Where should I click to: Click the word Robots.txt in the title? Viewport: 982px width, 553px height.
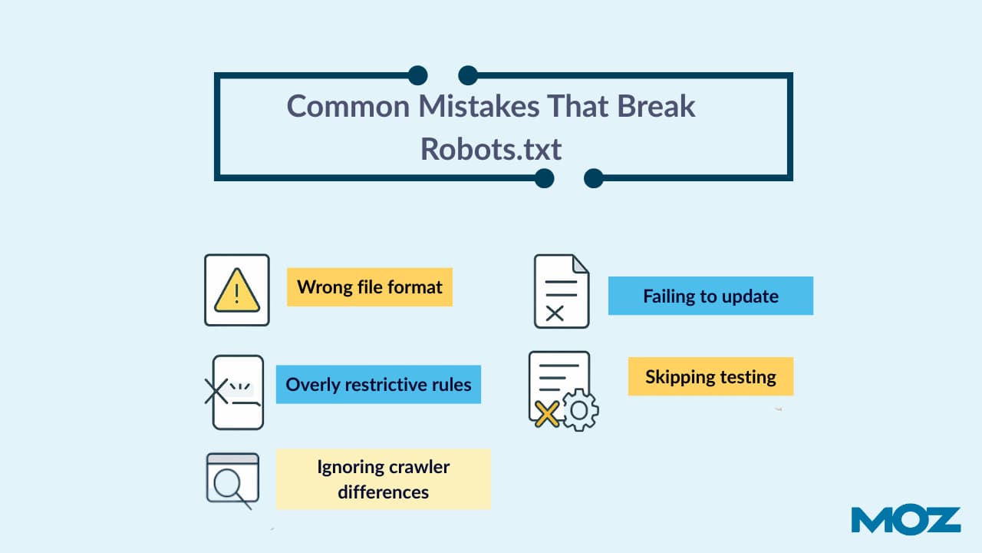tap(491, 149)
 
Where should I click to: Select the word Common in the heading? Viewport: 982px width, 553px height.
tap(348, 106)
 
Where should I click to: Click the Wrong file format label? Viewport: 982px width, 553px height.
tap(370, 287)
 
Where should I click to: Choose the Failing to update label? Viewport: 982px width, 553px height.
tap(710, 296)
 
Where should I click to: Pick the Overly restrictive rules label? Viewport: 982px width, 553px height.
tap(378, 384)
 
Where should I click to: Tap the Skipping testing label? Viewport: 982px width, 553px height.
tap(710, 377)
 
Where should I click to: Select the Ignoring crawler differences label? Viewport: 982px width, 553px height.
tap(383, 478)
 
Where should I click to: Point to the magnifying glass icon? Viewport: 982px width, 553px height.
tap(230, 485)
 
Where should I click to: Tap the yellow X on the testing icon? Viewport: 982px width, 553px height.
tap(546, 415)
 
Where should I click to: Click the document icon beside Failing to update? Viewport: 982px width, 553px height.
tap(562, 292)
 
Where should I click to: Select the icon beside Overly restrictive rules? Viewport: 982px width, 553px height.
tap(235, 392)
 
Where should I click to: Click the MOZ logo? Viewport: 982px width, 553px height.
tap(905, 520)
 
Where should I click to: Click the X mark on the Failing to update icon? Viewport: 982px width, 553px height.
tap(555, 312)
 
